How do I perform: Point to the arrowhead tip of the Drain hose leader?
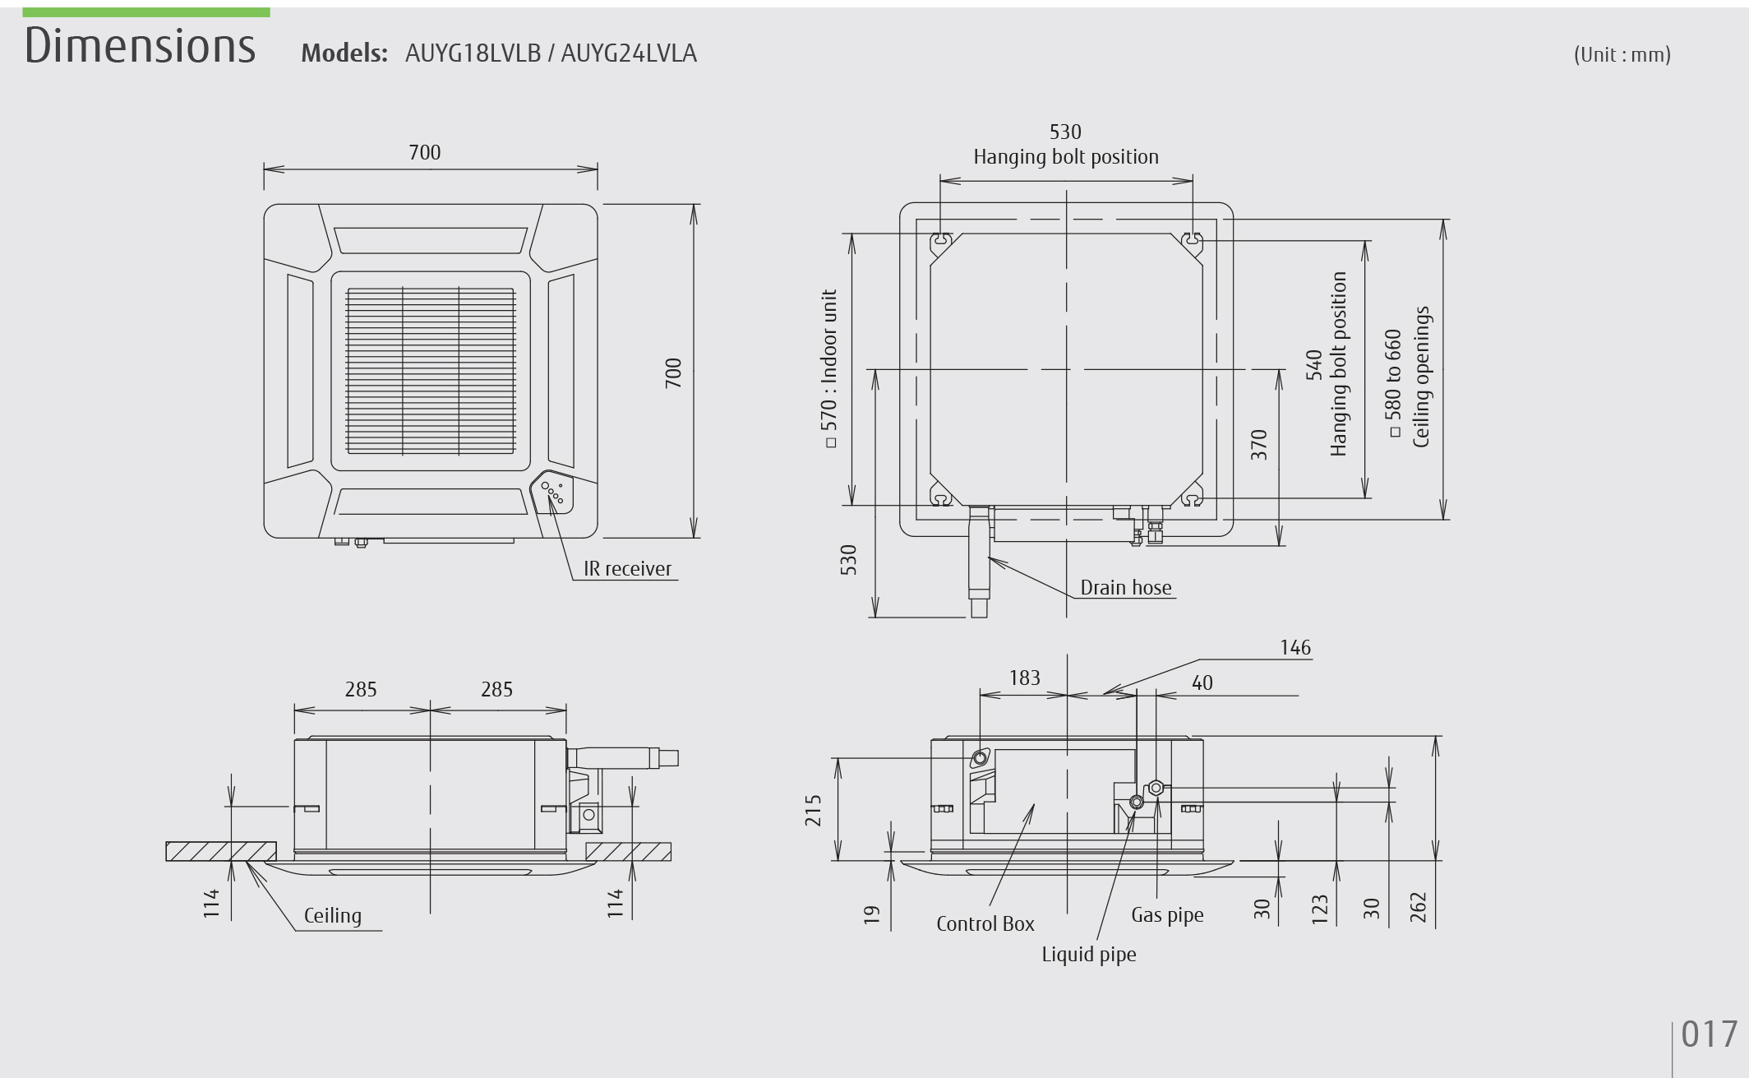point(989,558)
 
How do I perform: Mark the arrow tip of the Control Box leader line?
point(1035,804)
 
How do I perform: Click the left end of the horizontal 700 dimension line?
point(264,169)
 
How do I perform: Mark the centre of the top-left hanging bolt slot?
point(941,241)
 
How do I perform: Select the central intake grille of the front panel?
point(430,371)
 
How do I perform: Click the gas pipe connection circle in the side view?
point(1156,788)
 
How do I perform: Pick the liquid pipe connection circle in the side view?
point(1137,802)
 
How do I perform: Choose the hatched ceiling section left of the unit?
point(221,851)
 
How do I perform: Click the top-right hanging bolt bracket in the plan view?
point(1193,241)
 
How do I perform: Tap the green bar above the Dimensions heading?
point(146,12)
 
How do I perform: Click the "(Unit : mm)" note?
point(1622,54)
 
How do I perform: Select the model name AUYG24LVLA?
point(629,53)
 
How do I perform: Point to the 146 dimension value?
point(1295,648)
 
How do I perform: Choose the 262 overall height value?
point(1419,908)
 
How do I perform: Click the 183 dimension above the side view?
point(1024,678)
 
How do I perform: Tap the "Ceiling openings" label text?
point(1422,377)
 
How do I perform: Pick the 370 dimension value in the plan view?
point(1258,445)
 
